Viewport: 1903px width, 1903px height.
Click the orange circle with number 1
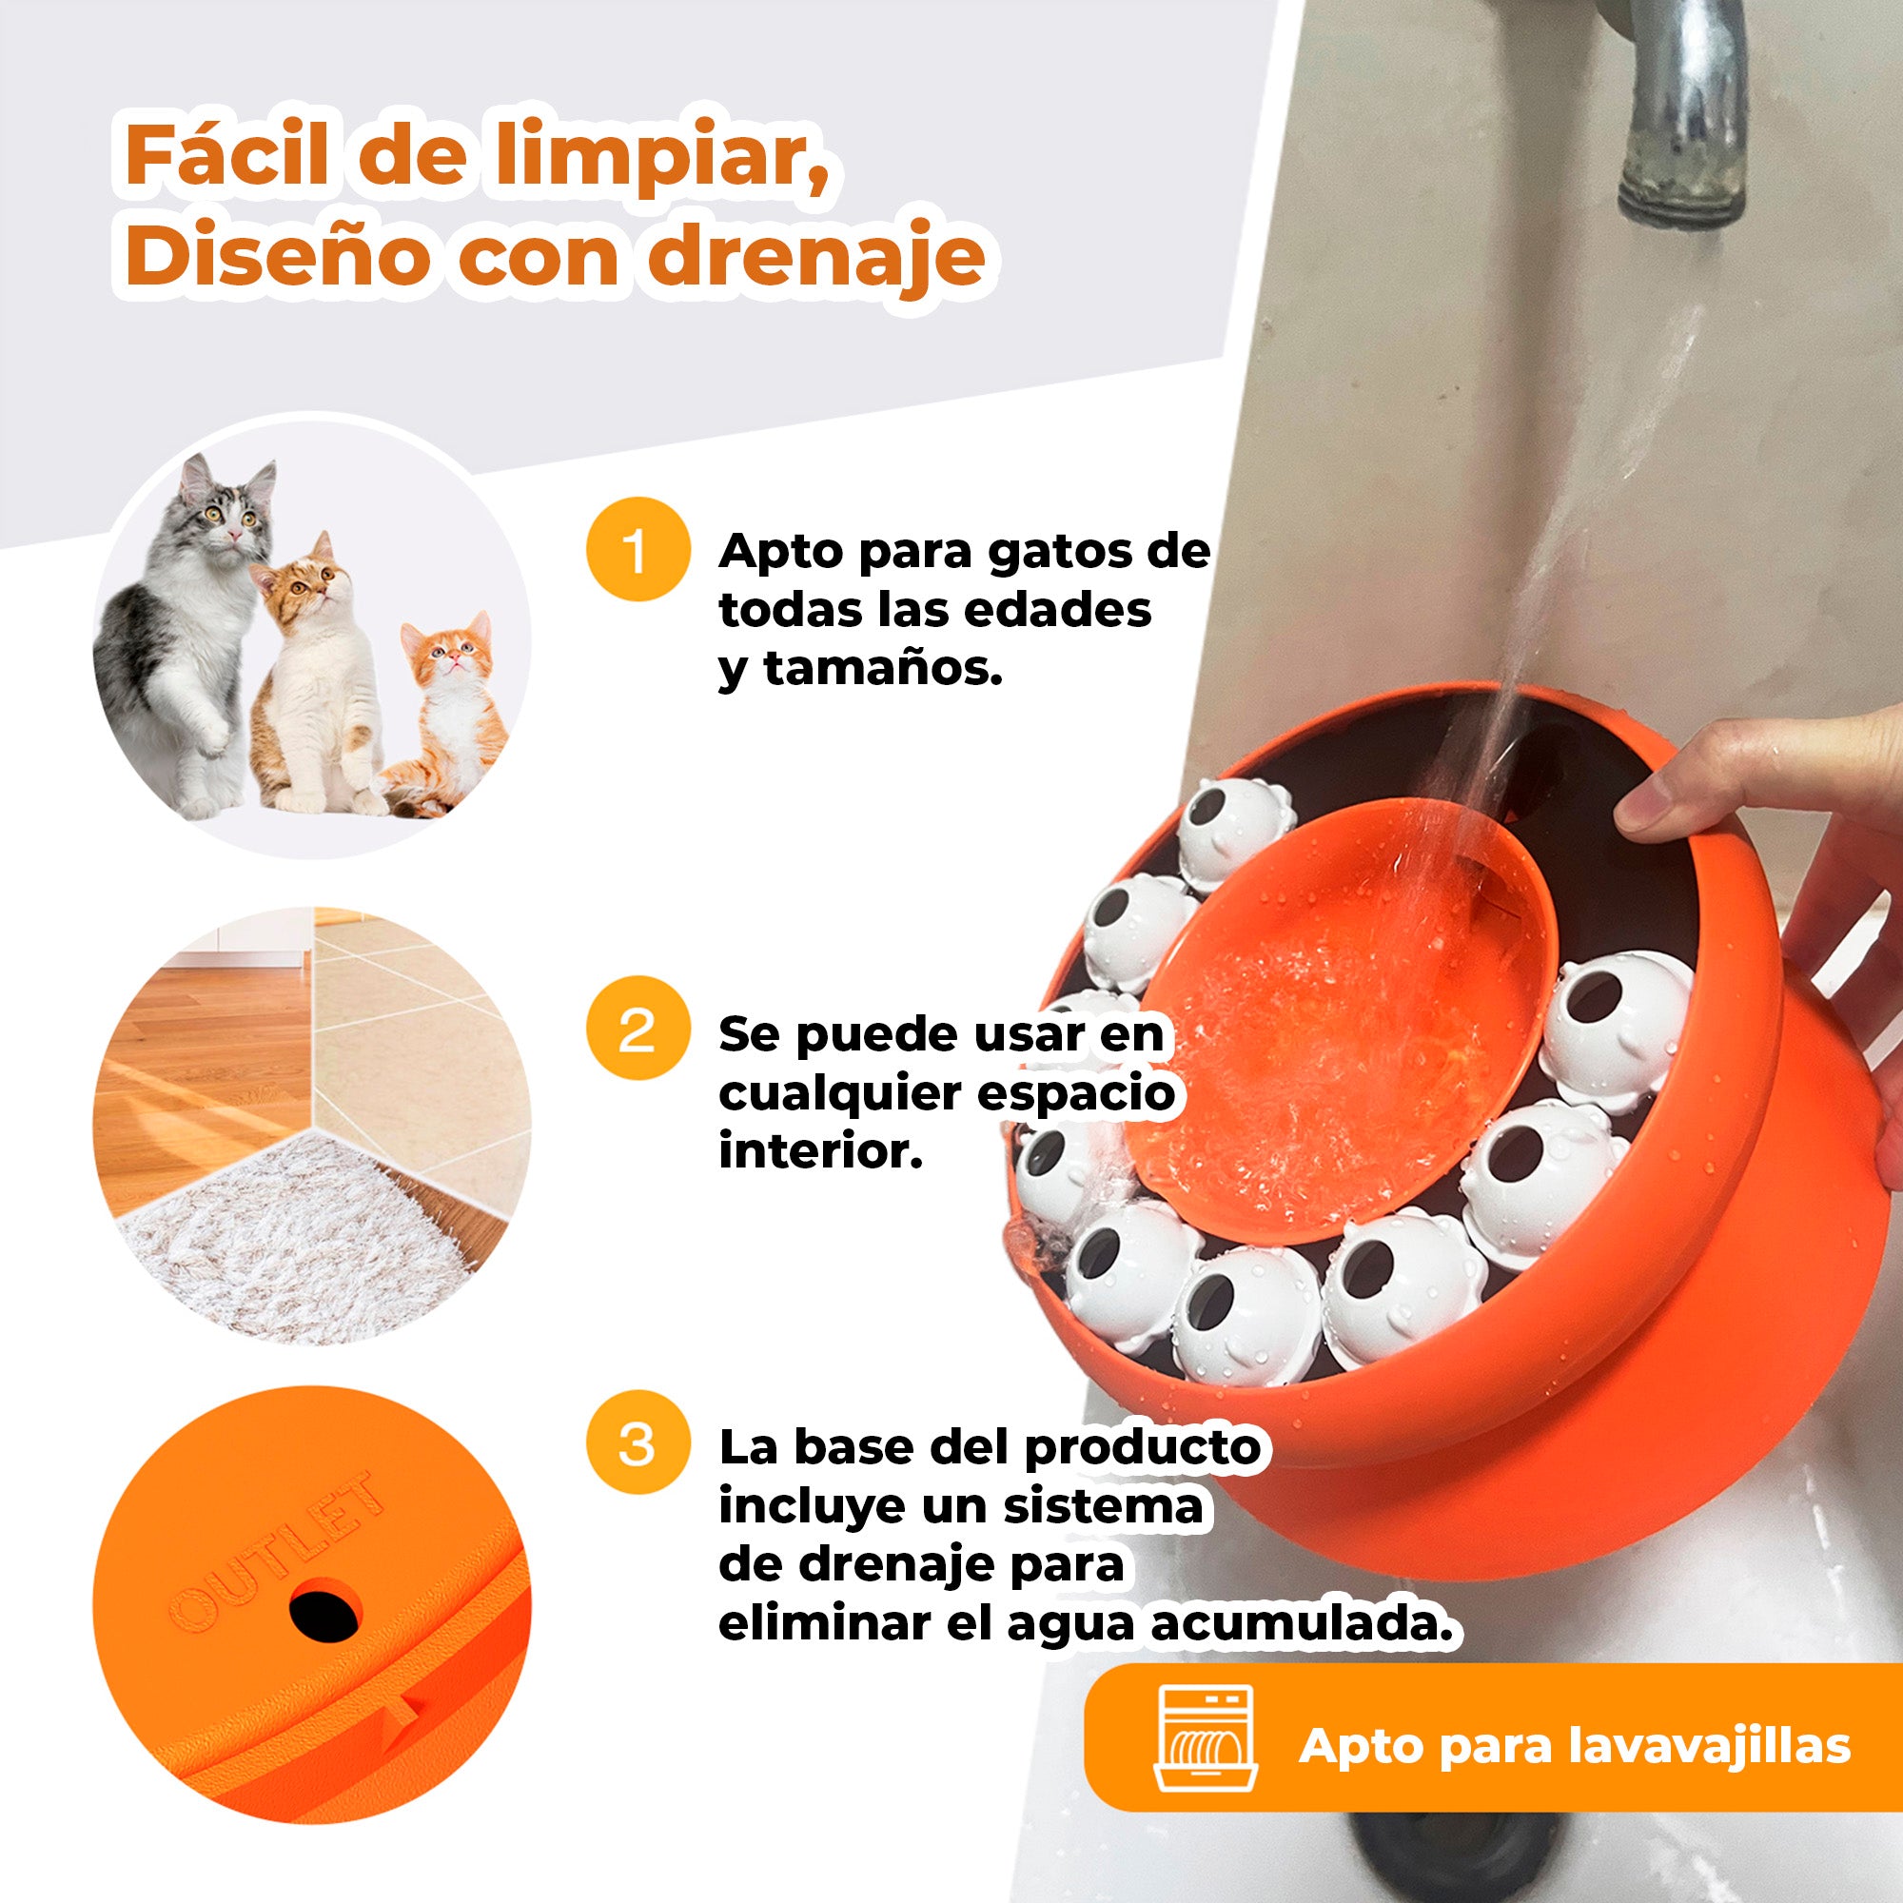[638, 551]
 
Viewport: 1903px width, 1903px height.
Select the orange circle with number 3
[638, 1445]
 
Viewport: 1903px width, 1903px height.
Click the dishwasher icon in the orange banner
[1205, 1745]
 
